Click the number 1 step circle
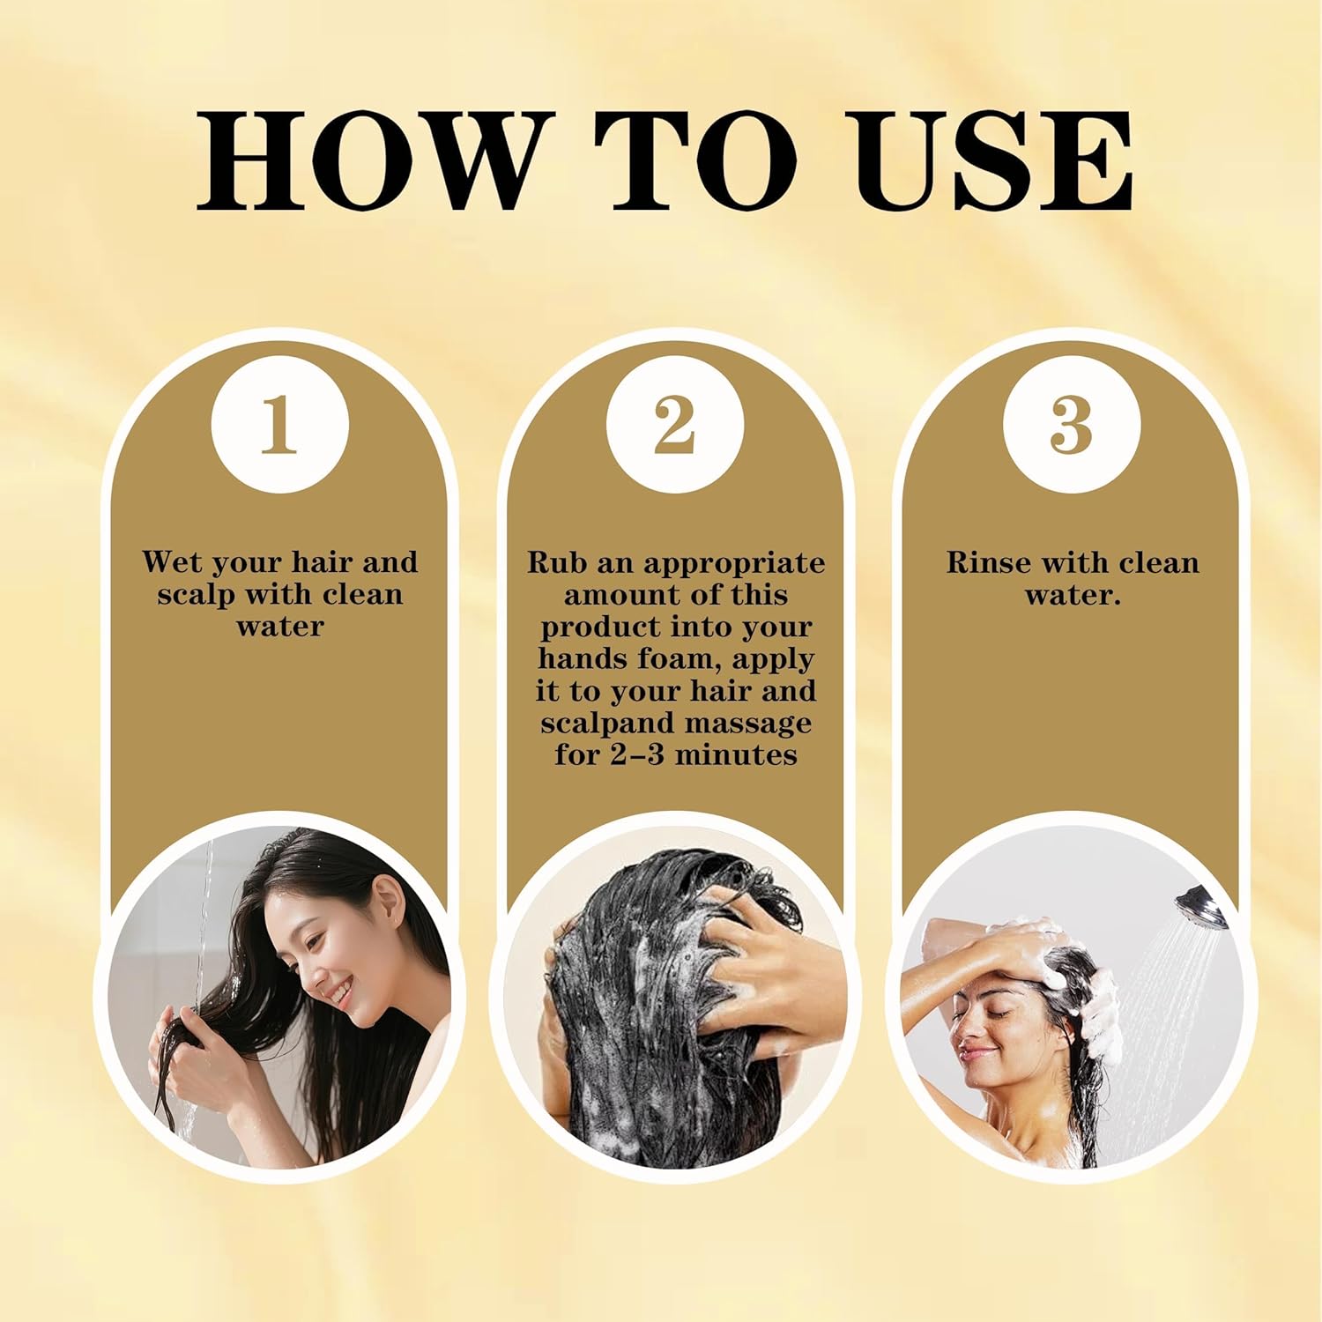tap(280, 426)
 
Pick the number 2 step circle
tap(675, 426)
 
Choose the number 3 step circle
tap(1072, 426)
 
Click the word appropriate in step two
tap(734, 563)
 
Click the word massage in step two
tap(748, 723)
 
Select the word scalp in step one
tap(196, 594)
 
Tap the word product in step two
tap(601, 627)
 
